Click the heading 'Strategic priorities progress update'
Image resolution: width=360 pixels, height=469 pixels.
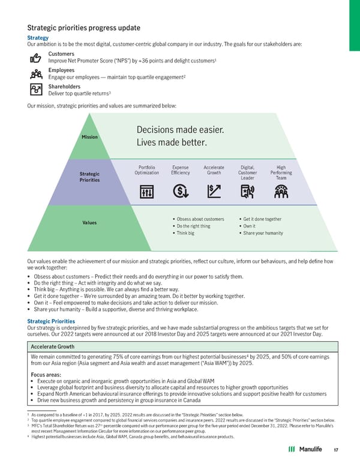(84, 28)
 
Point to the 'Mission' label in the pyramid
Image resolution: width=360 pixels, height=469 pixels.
(89, 136)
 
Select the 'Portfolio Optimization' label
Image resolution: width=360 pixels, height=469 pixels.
(147, 169)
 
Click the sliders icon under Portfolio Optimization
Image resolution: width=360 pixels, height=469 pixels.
(147, 192)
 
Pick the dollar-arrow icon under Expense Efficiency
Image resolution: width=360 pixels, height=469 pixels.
(180, 192)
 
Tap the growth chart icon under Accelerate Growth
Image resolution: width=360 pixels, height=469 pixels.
(214, 192)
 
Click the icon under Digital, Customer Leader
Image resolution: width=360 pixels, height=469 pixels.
(247, 192)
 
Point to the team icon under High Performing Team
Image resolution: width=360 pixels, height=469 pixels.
(281, 192)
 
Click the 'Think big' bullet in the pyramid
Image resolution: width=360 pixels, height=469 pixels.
(184, 233)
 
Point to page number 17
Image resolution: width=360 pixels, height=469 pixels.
(336, 451)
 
